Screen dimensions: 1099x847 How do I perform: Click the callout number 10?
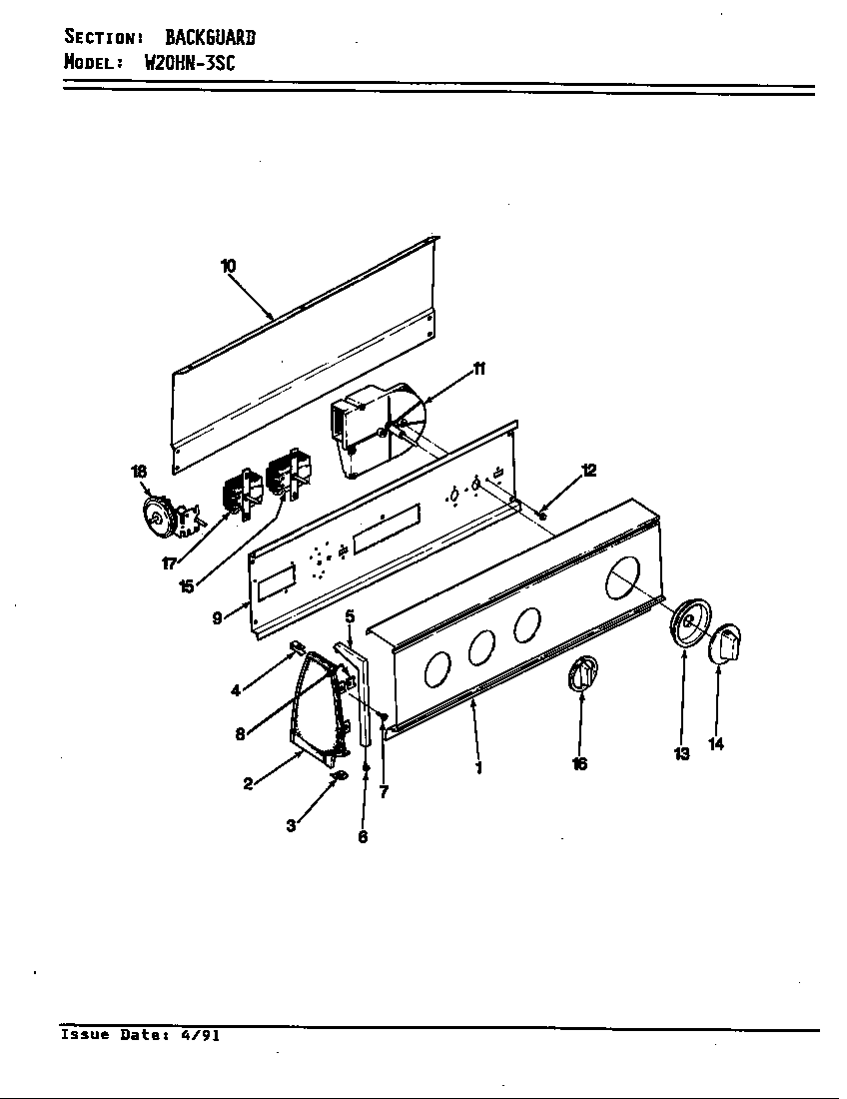pyautogui.click(x=229, y=266)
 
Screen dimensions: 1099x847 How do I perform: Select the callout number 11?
pyautogui.click(x=478, y=370)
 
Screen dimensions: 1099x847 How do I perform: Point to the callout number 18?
pyautogui.click(x=139, y=472)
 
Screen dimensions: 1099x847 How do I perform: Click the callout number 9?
pyautogui.click(x=217, y=618)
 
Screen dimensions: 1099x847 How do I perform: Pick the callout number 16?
pyautogui.click(x=579, y=764)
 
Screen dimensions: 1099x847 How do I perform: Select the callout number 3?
pyautogui.click(x=291, y=826)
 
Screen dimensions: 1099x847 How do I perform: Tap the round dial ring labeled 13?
pyautogui.click(x=688, y=626)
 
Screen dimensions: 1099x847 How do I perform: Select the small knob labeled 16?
pyautogui.click(x=581, y=673)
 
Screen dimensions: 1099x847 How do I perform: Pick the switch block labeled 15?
pyautogui.click(x=288, y=474)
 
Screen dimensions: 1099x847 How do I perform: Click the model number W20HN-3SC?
pyautogui.click(x=189, y=62)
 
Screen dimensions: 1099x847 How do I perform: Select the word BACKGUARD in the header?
pyautogui.click(x=210, y=38)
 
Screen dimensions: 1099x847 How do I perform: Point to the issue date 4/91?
pyautogui.click(x=201, y=1035)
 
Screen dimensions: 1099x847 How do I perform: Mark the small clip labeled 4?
pyautogui.click(x=297, y=647)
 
